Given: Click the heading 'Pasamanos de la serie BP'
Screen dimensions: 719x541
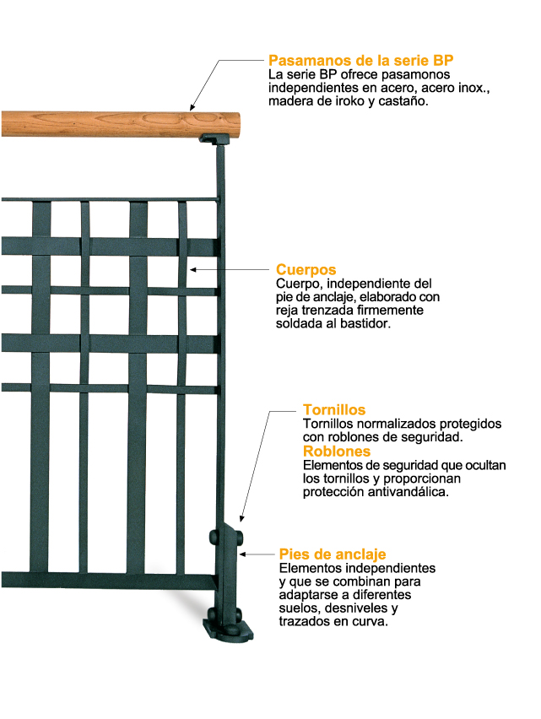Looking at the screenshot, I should [360, 60].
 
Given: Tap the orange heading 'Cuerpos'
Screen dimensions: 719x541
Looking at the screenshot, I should [306, 270].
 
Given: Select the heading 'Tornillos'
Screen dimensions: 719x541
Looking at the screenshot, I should [333, 409].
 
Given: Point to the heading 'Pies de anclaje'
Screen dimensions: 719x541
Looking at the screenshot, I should [333, 554].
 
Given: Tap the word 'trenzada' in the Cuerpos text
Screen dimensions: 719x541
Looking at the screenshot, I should [331, 311].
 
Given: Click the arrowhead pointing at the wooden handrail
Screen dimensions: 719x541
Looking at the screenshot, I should [193, 108].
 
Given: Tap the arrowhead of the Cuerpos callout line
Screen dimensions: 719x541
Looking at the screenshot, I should [193, 270].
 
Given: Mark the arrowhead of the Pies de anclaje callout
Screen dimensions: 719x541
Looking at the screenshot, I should [243, 554].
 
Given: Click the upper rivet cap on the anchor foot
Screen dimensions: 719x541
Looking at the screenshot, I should [214, 538].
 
